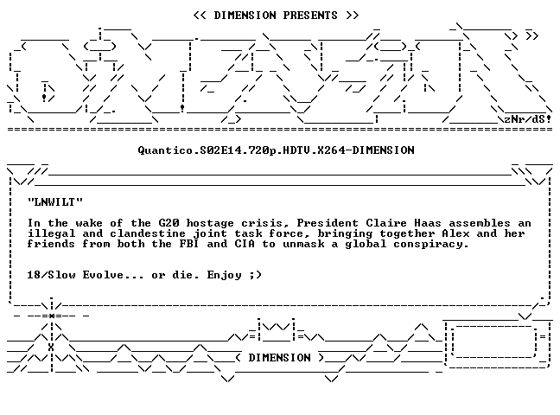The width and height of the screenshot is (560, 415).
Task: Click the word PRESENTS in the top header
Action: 310,16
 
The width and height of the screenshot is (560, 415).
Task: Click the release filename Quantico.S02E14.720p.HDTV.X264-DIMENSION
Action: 276,150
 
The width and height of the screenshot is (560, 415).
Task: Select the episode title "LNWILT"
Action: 55,202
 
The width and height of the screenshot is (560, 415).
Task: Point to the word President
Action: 328,223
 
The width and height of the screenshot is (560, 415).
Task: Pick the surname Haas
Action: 428,223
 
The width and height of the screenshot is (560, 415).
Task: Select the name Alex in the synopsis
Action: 455,233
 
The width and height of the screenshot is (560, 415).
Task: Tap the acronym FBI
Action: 189,244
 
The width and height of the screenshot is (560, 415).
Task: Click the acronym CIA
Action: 245,244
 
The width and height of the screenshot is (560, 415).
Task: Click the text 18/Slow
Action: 51,275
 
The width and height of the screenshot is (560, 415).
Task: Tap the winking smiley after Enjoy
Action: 255,275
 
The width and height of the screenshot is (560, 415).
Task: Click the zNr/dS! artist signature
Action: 528,119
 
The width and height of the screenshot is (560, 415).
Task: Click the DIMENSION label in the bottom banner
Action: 280,358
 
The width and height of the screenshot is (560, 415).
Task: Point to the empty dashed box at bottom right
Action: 494,342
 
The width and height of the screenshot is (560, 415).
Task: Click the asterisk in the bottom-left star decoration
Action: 52,316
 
